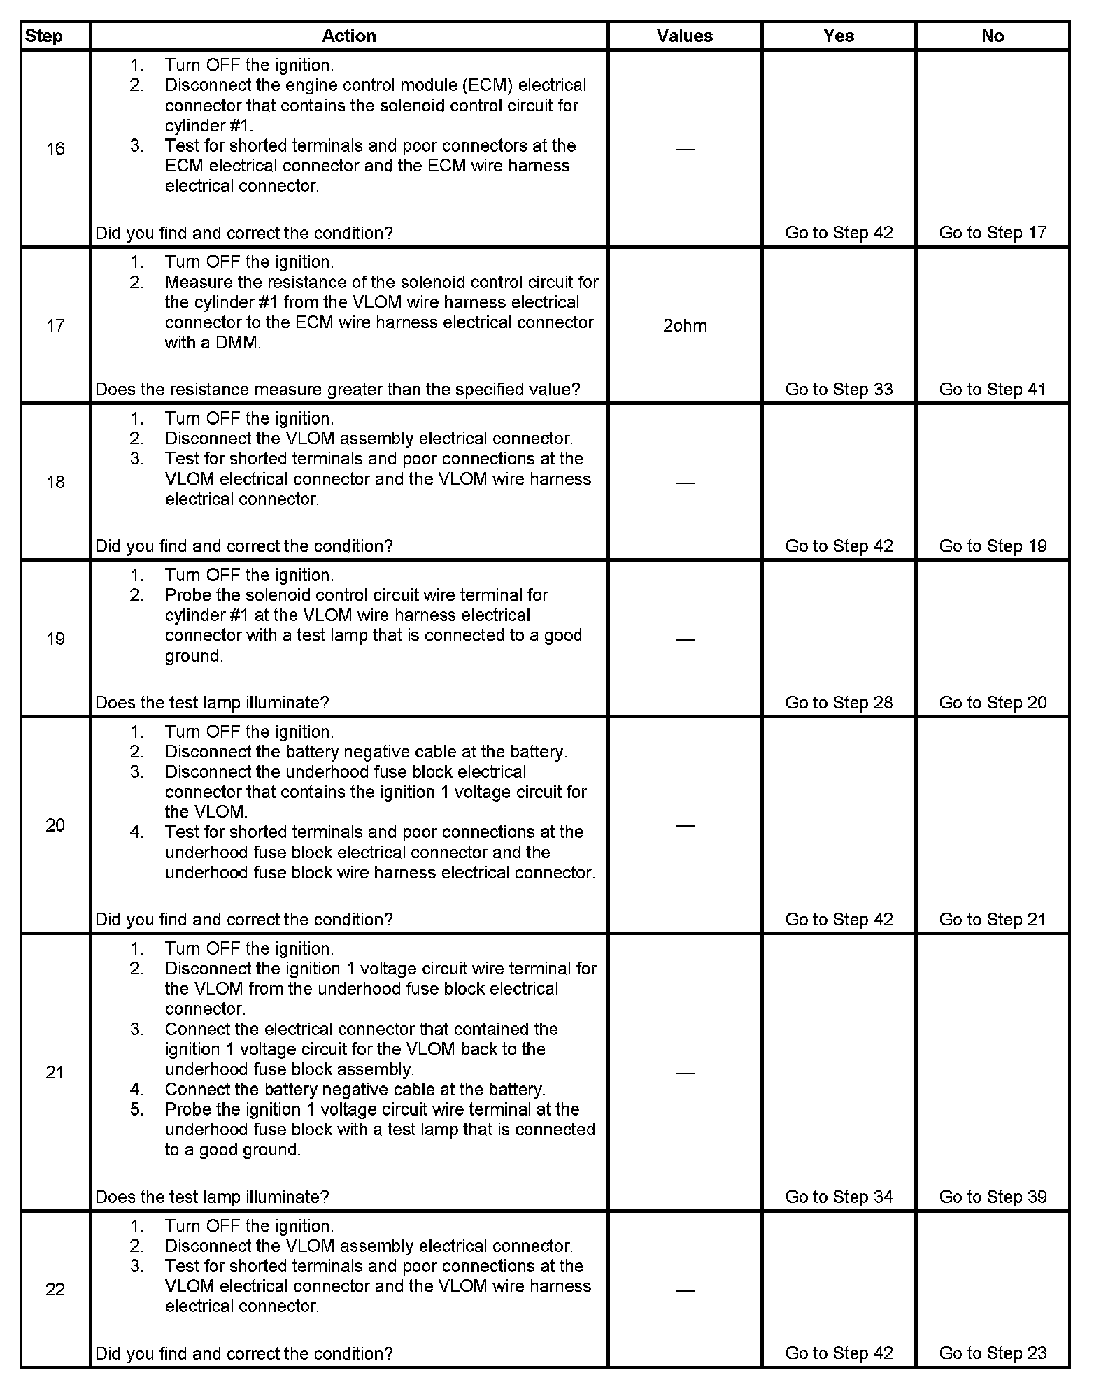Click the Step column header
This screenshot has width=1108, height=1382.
(43, 36)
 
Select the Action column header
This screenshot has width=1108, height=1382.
(348, 36)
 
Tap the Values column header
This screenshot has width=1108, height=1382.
(684, 36)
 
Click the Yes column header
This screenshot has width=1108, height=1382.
(838, 36)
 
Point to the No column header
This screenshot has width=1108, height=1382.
(992, 36)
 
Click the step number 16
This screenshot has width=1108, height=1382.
(55, 148)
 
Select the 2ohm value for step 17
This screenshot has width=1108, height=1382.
(685, 326)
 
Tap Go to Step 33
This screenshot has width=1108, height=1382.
(839, 390)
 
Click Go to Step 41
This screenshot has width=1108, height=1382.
(993, 390)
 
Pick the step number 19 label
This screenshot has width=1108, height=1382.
(55, 639)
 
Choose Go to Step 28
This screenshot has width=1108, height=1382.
(839, 703)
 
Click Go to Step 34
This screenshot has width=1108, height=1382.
(839, 1197)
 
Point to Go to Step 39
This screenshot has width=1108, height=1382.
(993, 1197)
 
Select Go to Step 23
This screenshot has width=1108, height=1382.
(993, 1353)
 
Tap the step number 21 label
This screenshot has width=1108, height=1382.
(55, 1072)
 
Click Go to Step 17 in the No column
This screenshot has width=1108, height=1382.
(993, 233)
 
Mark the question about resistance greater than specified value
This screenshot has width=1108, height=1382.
(337, 390)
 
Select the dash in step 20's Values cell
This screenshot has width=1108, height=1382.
(685, 826)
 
